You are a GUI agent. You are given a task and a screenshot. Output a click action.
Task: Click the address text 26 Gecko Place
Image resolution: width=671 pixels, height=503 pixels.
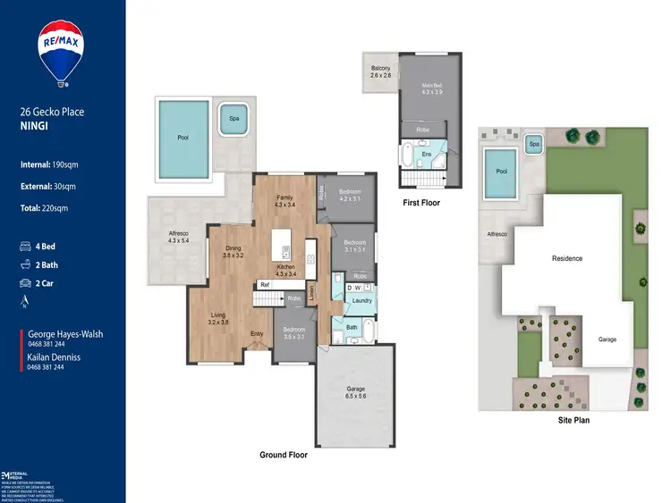click(51, 113)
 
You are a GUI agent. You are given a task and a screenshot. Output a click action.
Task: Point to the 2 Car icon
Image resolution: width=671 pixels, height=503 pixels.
click(26, 283)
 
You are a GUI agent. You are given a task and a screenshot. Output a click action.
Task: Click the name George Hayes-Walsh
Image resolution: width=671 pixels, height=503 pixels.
click(65, 334)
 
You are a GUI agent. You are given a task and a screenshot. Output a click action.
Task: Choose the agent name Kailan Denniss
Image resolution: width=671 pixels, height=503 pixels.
click(54, 356)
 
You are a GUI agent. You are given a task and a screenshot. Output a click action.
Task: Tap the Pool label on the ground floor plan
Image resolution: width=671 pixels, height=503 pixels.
click(183, 138)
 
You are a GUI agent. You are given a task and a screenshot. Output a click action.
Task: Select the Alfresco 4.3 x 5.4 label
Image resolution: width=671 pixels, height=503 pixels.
click(178, 237)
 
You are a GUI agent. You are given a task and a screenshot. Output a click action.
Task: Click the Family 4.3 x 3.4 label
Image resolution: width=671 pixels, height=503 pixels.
click(285, 201)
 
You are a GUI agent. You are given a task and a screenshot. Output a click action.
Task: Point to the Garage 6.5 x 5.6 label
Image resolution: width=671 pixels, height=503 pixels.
click(356, 393)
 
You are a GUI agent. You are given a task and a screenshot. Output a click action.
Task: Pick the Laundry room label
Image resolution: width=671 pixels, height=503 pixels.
click(361, 300)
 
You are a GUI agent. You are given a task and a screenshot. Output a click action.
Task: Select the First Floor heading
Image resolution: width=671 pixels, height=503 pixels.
click(420, 203)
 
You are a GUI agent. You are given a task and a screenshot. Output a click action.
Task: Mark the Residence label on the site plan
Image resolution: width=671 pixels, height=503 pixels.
click(566, 258)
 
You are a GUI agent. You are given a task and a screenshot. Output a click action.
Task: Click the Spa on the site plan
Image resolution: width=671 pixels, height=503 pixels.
click(533, 144)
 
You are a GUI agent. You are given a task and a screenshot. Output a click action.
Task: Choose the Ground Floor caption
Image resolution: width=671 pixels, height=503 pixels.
click(284, 455)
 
